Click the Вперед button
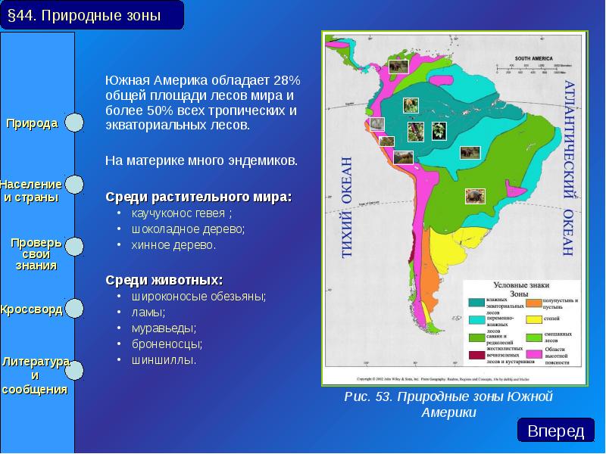(x=556, y=431)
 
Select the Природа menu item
(x=33, y=123)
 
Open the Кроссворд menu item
(x=31, y=310)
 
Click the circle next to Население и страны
(x=73, y=185)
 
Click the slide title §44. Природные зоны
(x=92, y=16)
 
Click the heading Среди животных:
(x=164, y=280)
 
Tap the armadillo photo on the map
(x=474, y=195)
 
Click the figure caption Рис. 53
(x=448, y=404)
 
